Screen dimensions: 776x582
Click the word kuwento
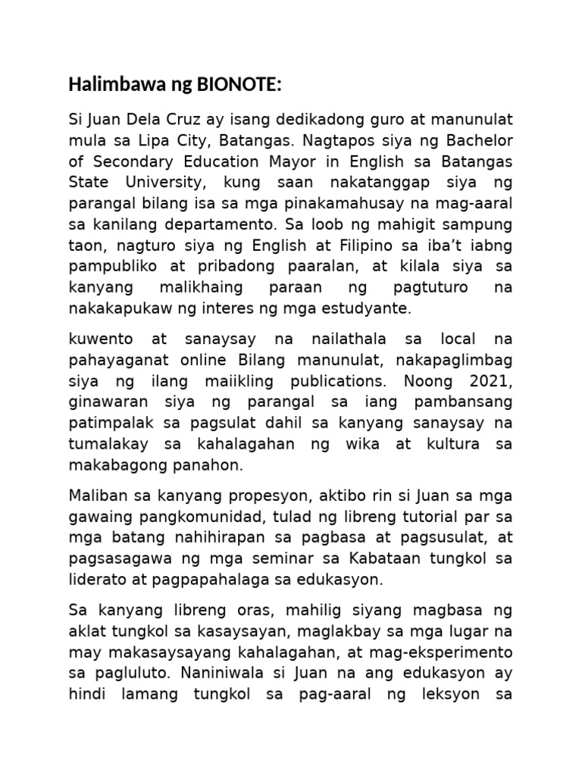(97, 338)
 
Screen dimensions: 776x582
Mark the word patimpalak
(105, 423)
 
